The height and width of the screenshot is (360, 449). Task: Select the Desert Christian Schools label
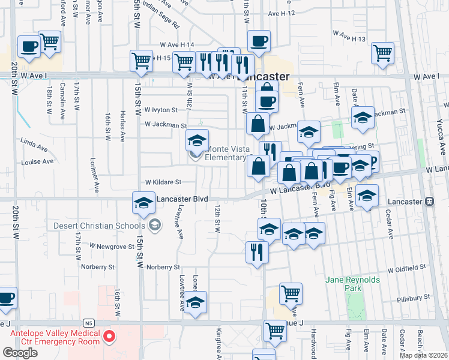[x=104, y=226]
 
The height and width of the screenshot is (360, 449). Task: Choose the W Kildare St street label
[x=163, y=182]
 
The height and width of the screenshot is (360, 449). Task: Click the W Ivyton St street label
[x=161, y=110]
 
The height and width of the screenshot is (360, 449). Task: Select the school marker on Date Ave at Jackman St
[x=363, y=118]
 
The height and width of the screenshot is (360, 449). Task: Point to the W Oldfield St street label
[x=406, y=266]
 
